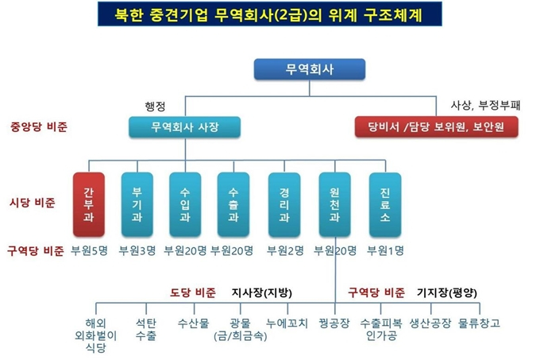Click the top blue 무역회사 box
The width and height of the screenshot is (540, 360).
309,69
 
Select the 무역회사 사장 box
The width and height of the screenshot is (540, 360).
184,127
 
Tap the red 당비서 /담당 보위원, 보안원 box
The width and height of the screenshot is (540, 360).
436,127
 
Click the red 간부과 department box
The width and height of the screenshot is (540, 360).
89,204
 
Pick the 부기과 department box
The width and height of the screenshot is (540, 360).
137,204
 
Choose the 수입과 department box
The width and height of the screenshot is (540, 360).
185,204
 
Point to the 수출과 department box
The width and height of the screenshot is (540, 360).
233,204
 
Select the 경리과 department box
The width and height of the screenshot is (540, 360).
284,204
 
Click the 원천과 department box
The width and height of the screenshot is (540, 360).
335,204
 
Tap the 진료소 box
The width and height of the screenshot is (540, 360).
385,204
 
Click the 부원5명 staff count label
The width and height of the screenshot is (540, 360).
89,250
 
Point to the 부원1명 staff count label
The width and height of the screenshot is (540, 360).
385,250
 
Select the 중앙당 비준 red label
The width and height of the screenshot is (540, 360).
39,127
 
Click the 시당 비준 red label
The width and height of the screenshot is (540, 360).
33,203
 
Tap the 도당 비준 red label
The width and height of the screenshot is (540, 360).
193,292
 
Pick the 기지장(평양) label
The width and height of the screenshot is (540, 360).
447,293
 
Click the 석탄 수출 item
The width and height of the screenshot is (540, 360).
146,329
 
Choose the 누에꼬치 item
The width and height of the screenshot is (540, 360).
287,323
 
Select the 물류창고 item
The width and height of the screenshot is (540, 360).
479,323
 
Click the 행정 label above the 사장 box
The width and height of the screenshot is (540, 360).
156,106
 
